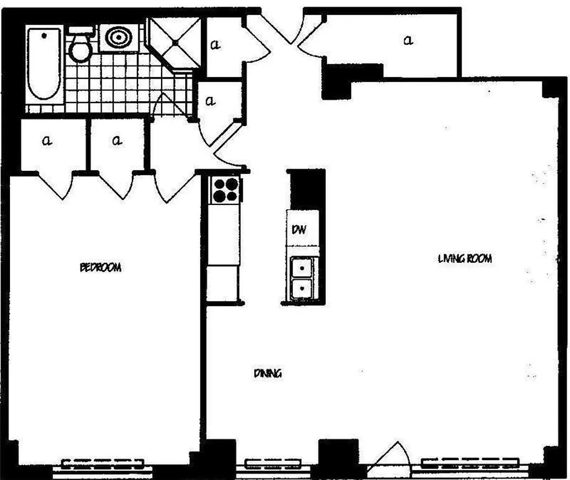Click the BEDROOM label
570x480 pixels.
pyautogui.click(x=100, y=267)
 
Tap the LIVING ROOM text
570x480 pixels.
pyautogui.click(x=465, y=259)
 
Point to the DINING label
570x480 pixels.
pyautogui.click(x=268, y=373)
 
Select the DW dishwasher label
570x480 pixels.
pyautogui.click(x=299, y=230)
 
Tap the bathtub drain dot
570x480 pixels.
pyautogui.click(x=44, y=36)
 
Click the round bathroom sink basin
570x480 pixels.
pyautogui.click(x=119, y=37)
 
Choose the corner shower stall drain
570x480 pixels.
pyautogui.click(x=175, y=43)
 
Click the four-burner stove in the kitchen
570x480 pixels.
pyautogui.click(x=226, y=190)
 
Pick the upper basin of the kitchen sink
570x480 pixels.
pyautogui.click(x=302, y=268)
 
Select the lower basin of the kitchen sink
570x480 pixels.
pyautogui.click(x=302, y=289)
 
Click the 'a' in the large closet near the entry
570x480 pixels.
pyautogui.click(x=408, y=40)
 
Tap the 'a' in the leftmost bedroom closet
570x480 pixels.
pyautogui.click(x=47, y=141)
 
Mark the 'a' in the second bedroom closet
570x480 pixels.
pyautogui.click(x=117, y=141)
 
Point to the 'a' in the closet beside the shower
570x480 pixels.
pyautogui.click(x=215, y=45)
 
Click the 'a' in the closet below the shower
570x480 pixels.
pyautogui.click(x=210, y=101)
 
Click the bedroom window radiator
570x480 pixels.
pyautogui.click(x=103, y=464)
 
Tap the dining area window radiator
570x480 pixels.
pyautogui.click(x=273, y=464)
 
